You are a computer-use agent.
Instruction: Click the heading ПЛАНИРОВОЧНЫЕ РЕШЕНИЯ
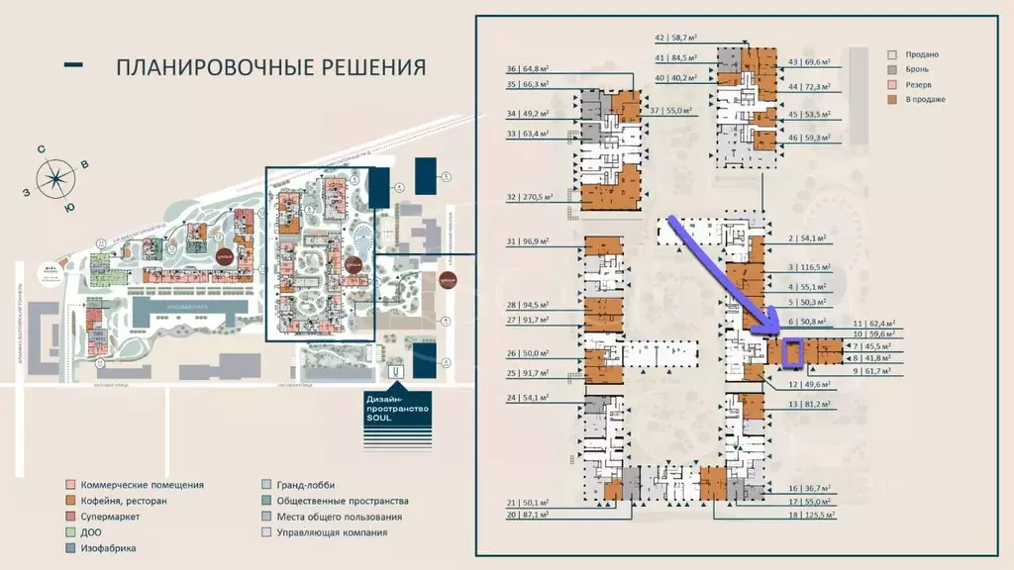tap(270, 67)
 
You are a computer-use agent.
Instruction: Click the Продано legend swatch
tap(892, 54)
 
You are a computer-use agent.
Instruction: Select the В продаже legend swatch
tap(892, 99)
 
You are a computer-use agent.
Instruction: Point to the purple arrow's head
tap(774, 333)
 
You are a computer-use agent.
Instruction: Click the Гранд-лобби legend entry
tap(305, 485)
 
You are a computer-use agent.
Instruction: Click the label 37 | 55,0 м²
tap(672, 112)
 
